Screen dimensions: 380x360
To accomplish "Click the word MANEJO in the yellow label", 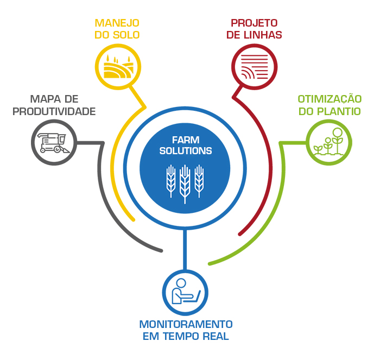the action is (117, 23).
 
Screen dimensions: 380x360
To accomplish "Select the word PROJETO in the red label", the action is (254, 23).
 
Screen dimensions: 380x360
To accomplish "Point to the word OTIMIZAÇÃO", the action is (330, 99).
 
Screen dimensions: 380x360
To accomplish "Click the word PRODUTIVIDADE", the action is (54, 111).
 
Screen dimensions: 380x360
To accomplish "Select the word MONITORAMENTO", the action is (186, 324).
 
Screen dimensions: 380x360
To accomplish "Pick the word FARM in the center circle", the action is (186, 140).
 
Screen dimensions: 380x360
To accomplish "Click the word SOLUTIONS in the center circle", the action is (186, 151).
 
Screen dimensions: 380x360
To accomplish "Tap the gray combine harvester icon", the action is (53, 143).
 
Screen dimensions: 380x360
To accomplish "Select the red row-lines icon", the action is (255, 67).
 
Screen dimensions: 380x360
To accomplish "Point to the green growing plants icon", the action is (328, 141).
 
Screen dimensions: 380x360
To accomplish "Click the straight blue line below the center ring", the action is (185, 250).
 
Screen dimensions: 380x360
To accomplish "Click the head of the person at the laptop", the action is (181, 283).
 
